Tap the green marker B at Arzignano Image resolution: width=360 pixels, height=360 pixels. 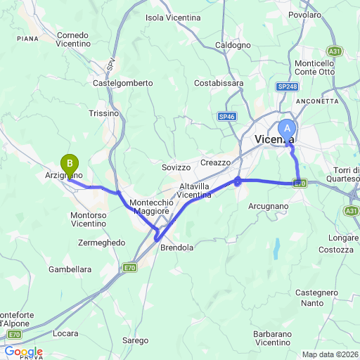tap(70, 164)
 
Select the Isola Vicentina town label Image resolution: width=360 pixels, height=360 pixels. tap(173, 17)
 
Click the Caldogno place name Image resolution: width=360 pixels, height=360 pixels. tap(233, 45)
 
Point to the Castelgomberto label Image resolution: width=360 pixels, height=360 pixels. tap(123, 83)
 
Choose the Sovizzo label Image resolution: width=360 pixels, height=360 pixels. tap(176, 167)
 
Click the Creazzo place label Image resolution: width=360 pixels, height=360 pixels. tap(215, 162)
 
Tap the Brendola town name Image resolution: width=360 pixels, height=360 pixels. tap(177, 247)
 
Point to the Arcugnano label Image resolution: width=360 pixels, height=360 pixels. tap(269, 206)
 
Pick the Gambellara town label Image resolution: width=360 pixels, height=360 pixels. tap(70, 269)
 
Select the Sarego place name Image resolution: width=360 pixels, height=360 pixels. tap(136, 340)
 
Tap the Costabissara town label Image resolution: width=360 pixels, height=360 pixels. tap(219, 83)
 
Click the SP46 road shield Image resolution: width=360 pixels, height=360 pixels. tap(226, 117)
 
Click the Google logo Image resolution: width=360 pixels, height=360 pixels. tap(23, 352)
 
